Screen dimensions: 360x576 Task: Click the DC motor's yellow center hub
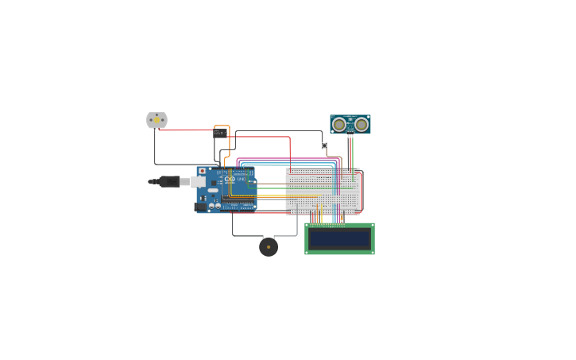(157, 120)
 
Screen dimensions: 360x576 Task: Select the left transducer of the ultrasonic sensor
(339, 124)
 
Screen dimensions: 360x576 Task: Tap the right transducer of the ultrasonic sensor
(361, 124)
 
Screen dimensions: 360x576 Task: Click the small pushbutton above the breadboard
(324, 145)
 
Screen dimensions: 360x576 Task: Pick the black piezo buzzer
(269, 247)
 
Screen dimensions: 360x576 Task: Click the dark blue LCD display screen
(339, 238)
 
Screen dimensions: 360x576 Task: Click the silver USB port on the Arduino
(198, 181)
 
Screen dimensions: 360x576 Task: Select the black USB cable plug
(168, 181)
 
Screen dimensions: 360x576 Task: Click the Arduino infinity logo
(230, 179)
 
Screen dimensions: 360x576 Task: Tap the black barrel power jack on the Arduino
(200, 207)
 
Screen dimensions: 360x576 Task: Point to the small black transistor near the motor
(219, 134)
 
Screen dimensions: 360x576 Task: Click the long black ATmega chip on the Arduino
(238, 198)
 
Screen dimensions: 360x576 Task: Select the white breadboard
(323, 191)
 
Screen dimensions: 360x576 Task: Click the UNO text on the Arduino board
(241, 180)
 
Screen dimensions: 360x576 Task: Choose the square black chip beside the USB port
(214, 183)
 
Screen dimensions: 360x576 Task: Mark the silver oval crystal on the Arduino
(213, 191)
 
